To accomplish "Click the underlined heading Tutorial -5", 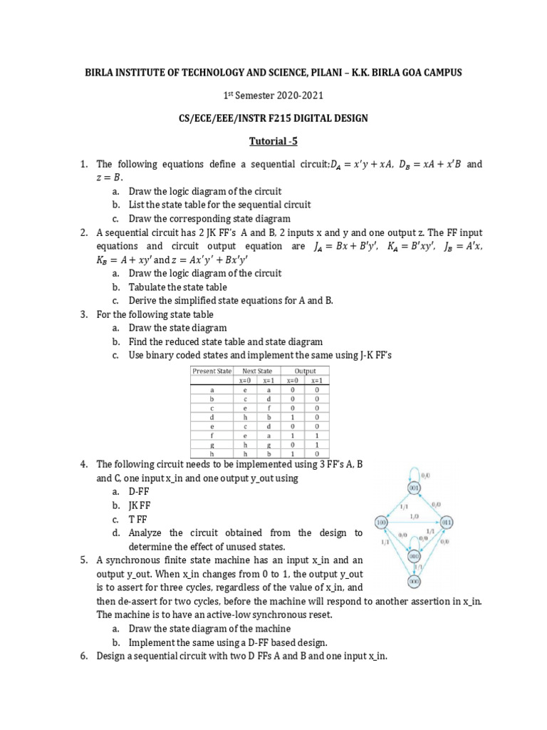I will [273, 141].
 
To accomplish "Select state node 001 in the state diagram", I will [414, 488].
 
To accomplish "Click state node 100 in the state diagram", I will [382, 522].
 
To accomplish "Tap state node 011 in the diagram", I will [447, 522].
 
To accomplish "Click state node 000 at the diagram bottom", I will [414, 581].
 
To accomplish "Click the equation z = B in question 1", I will [109, 177].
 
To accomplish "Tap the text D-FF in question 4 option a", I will [140, 491].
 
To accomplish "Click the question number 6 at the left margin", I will [84, 656].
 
